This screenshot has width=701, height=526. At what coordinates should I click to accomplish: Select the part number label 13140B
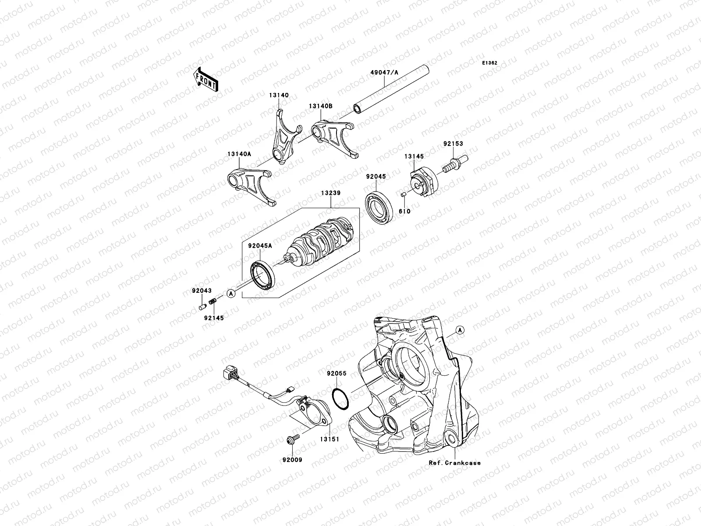click(x=320, y=106)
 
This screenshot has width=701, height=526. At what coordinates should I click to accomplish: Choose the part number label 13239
click(x=331, y=193)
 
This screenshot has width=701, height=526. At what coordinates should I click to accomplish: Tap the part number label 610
click(x=404, y=211)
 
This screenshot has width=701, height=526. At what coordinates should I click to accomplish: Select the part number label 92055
click(x=336, y=373)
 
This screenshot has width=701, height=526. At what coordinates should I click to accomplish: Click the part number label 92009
click(x=292, y=460)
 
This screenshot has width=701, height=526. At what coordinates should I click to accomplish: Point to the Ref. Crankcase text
click(x=454, y=463)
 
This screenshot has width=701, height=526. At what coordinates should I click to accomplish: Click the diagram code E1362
click(x=490, y=63)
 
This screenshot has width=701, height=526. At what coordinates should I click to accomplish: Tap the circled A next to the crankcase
click(x=459, y=331)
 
